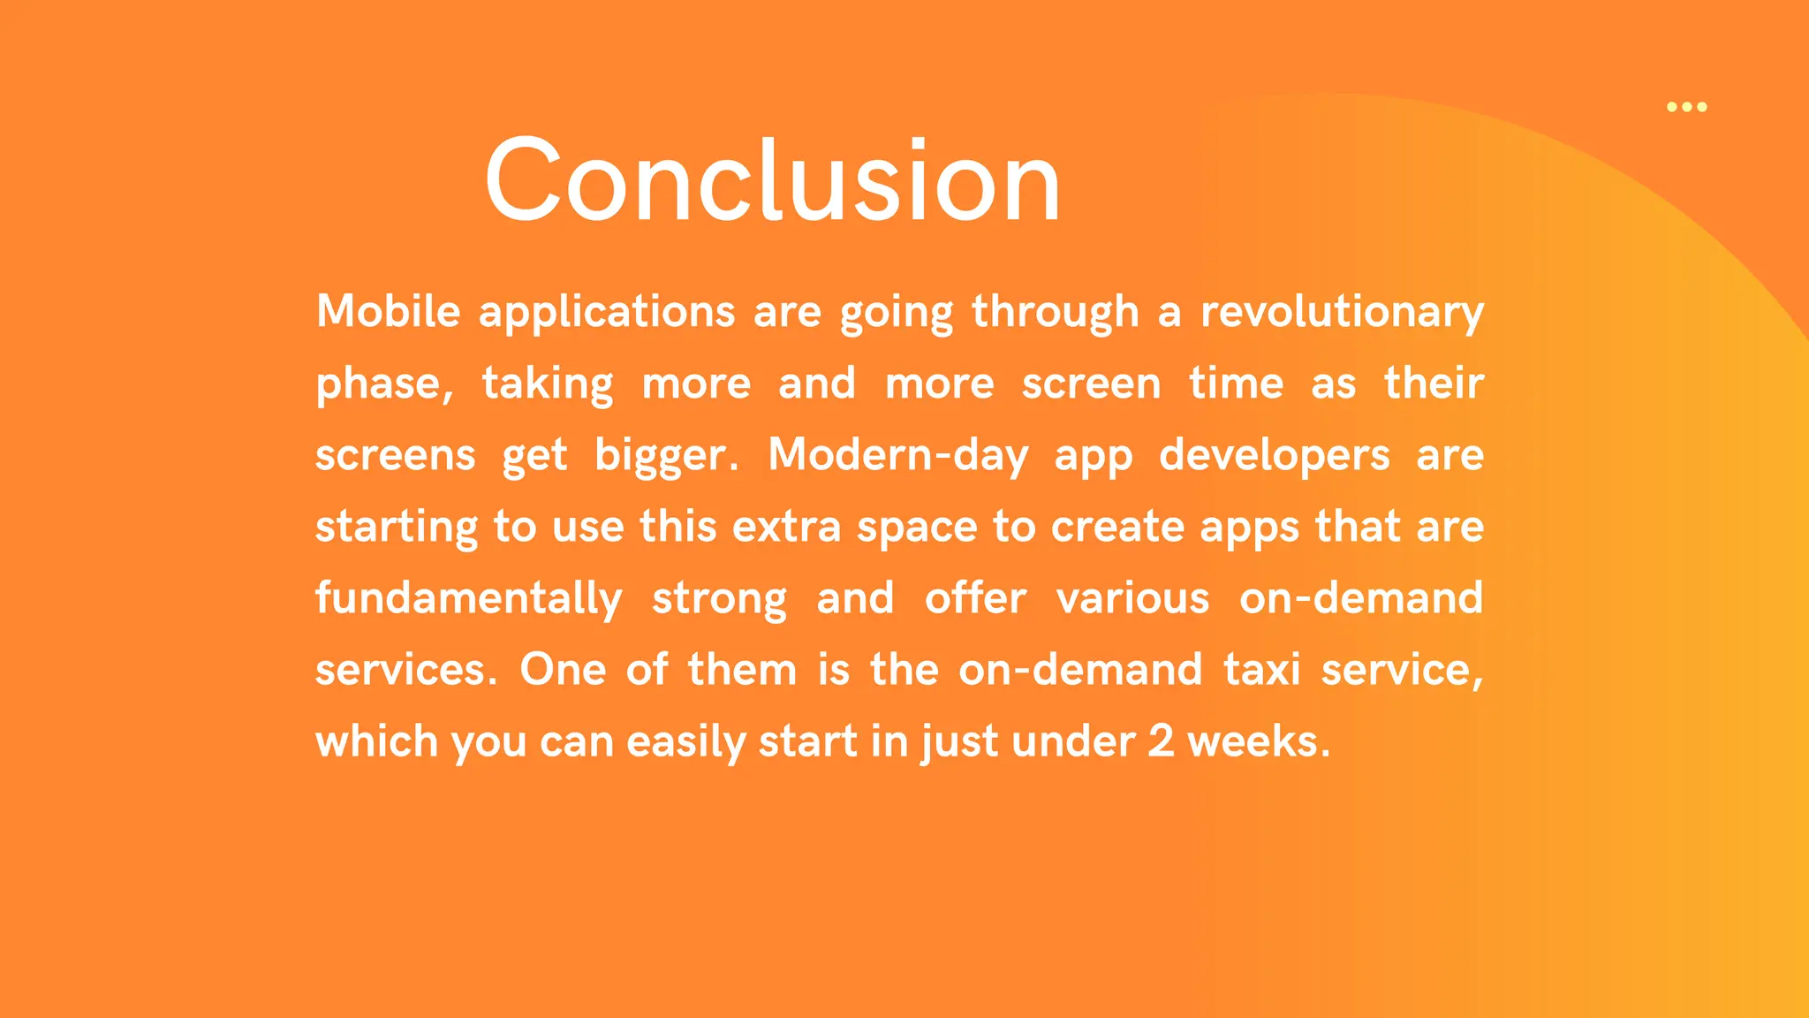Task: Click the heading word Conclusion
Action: click(772, 181)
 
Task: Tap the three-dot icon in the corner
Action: click(1686, 107)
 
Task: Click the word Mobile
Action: click(388, 311)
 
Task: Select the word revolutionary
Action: click(1342, 313)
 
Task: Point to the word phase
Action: click(383, 384)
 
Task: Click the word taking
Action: click(547, 384)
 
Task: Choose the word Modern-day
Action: click(897, 456)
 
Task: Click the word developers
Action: click(1274, 456)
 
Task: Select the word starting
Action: click(396, 528)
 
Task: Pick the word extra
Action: click(786, 527)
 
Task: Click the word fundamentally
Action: click(468, 599)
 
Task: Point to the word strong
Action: click(719, 599)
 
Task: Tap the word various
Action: click(1132, 598)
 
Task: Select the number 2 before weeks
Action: click(1161, 741)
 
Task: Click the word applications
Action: click(606, 313)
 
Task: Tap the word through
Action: click(1055, 313)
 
